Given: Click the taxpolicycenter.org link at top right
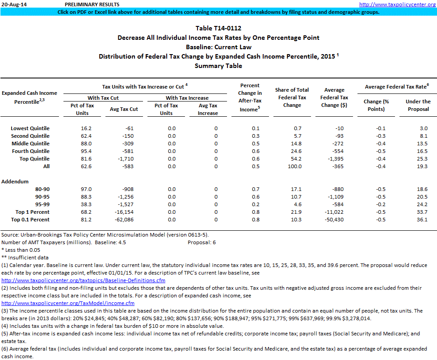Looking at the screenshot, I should click(397, 4).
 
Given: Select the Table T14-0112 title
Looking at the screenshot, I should click(218, 29).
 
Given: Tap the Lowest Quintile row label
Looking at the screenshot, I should click(30, 128).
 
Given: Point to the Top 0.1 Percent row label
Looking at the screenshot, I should click(33, 220).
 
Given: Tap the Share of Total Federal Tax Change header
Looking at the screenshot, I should click(295, 97).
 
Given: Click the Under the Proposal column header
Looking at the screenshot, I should click(418, 105).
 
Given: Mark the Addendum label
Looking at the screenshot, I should click(15, 182).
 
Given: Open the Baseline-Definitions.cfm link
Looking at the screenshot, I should click(84, 280).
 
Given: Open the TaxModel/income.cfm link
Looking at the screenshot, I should click(68, 303).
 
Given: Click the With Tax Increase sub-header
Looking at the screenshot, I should click(187, 98).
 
